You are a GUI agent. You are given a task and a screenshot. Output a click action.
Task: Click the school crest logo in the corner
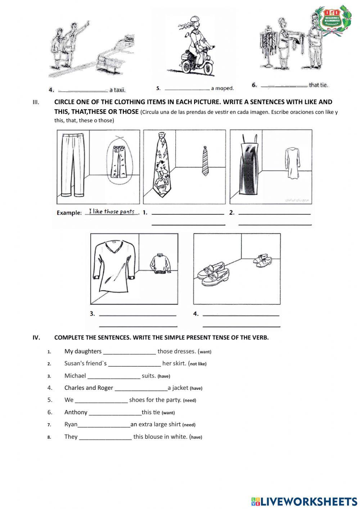coord(332,21)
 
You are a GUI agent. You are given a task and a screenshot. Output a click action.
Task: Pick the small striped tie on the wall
coord(205,160)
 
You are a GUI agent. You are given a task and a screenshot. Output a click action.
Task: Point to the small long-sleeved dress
coord(290,162)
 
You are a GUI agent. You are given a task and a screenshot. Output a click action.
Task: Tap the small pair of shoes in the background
coord(262,260)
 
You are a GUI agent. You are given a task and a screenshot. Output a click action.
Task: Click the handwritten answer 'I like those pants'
coord(112,211)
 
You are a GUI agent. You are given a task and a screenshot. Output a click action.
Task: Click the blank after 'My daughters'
coord(129,352)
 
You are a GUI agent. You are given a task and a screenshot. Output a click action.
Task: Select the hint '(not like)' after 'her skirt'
coord(198,364)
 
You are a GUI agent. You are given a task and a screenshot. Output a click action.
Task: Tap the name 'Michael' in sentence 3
coord(75,376)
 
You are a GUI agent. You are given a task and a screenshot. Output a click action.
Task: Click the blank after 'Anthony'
coord(115,412)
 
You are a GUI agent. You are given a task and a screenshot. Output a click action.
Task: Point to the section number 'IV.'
coord(36,338)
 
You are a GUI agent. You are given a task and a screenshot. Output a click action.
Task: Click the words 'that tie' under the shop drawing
coord(318,85)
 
